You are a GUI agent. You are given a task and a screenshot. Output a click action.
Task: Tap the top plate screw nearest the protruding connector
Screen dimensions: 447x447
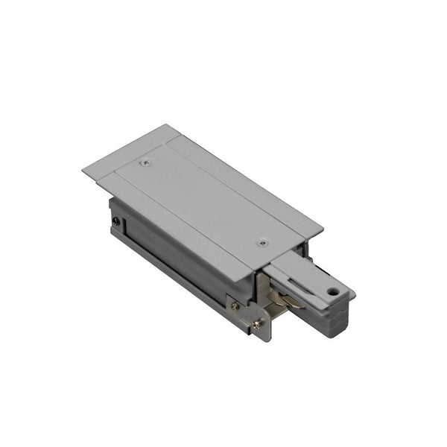(261, 243)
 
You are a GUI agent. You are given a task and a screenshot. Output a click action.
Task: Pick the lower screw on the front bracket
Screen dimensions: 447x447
(258, 323)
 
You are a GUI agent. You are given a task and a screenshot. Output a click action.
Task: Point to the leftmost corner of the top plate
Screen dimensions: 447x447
(83, 171)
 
